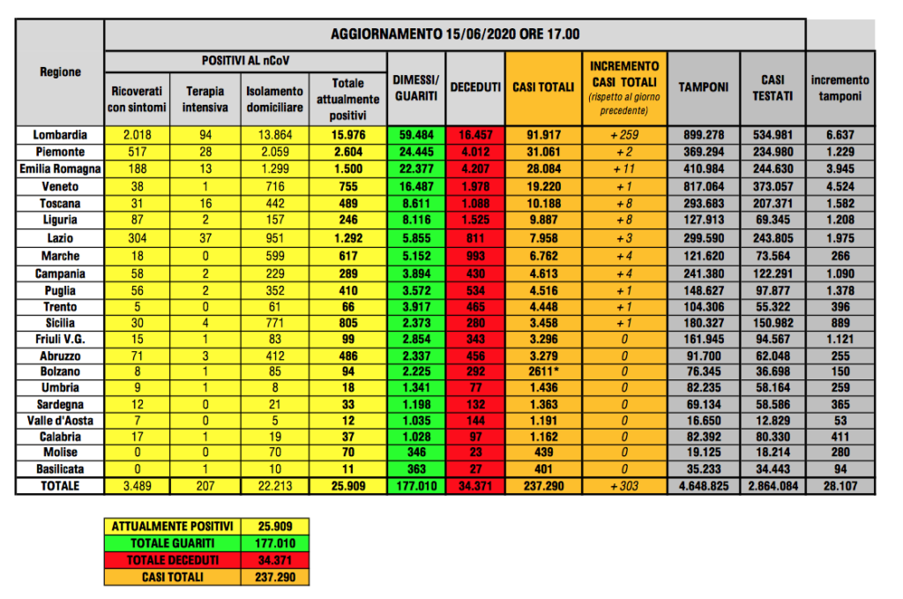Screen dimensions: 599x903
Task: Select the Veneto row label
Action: click(x=60, y=185)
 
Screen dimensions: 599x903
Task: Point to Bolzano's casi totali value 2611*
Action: click(x=537, y=371)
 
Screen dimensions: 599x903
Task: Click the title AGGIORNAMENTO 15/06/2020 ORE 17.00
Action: click(x=454, y=34)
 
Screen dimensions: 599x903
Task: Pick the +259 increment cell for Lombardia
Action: click(x=623, y=135)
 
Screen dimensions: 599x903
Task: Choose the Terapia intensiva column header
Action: click(x=205, y=99)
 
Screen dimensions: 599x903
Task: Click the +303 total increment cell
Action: click(x=623, y=486)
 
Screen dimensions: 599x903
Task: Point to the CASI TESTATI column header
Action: click(x=772, y=87)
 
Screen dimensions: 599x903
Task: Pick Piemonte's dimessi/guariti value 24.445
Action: click(x=415, y=152)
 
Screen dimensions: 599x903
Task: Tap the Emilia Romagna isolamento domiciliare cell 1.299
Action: click(x=274, y=168)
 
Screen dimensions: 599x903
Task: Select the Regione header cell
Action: click(x=60, y=72)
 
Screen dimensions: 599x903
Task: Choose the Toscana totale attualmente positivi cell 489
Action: click(x=347, y=202)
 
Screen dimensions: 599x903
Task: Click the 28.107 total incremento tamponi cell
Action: click(x=840, y=486)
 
